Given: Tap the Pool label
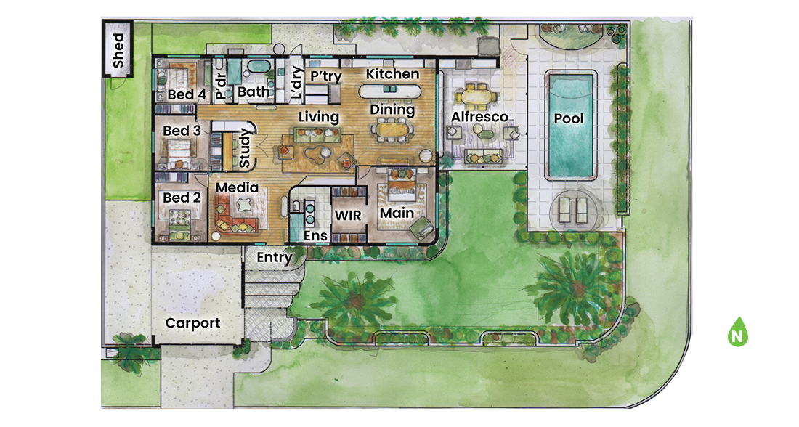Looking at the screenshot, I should (x=569, y=118).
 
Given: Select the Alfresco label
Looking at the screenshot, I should (x=479, y=117).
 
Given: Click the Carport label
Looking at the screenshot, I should (x=192, y=323).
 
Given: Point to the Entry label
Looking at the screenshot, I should (x=275, y=257).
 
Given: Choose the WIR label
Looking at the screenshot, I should (x=347, y=216).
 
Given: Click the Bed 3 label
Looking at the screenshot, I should (x=182, y=131).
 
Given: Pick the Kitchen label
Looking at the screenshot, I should (x=392, y=74).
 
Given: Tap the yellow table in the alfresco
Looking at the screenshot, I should (x=477, y=94).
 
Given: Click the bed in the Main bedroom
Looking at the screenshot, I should (x=397, y=190).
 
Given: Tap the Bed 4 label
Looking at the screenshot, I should (x=187, y=94).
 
